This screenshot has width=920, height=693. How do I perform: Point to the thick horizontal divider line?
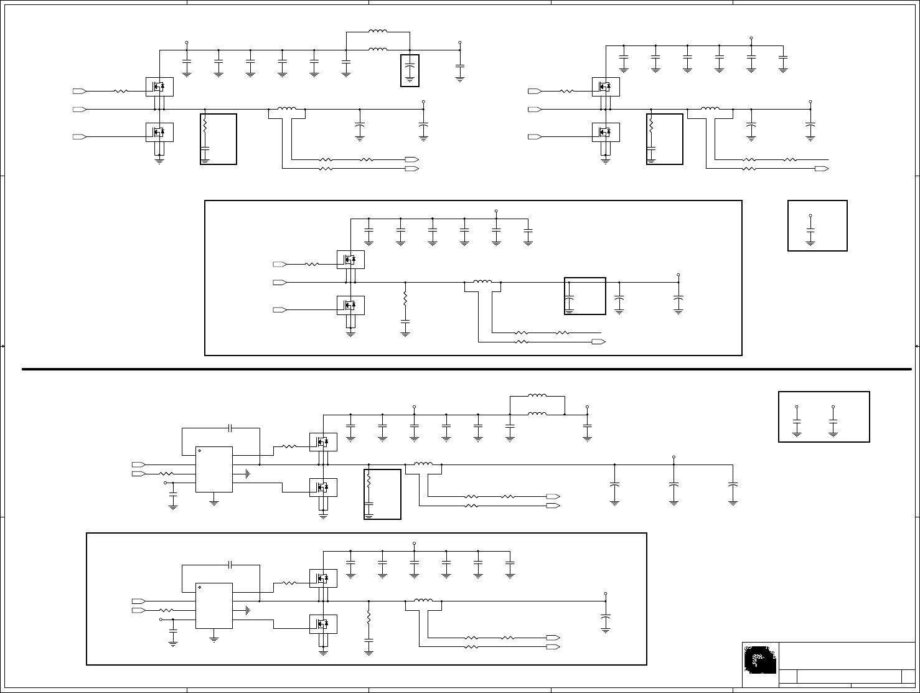(x=467, y=369)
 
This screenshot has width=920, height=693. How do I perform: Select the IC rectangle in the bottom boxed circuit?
(x=214, y=606)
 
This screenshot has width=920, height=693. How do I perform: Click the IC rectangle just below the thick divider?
(x=214, y=469)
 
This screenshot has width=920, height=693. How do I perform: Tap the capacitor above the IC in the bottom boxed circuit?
(x=230, y=565)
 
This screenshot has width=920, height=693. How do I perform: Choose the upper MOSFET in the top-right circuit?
(x=606, y=87)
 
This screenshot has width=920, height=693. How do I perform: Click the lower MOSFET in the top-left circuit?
(x=159, y=132)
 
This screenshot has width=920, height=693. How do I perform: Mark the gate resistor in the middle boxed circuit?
(x=312, y=265)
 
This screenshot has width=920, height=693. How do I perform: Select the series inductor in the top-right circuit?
(x=710, y=109)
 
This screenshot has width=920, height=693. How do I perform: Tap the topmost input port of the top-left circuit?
(x=80, y=91)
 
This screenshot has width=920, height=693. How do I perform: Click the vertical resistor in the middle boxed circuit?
(x=405, y=298)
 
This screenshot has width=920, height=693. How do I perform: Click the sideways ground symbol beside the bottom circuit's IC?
(x=248, y=610)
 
